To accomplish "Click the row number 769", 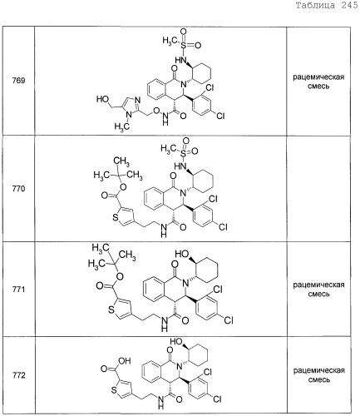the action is coord(18,81).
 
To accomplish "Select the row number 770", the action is coord(18,189).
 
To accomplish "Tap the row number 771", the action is coord(18,290).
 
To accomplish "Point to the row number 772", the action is coord(18,375).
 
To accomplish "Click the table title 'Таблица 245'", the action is coord(327,6).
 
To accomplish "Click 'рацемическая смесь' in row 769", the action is coord(318,82).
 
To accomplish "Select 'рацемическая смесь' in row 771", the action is coord(318,290).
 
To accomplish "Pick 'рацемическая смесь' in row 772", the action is coord(318,374).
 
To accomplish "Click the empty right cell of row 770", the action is coord(318,189).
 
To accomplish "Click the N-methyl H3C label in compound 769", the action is coord(122,127).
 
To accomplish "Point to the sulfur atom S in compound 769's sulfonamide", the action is coord(183,45).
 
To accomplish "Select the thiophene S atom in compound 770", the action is coord(116,217).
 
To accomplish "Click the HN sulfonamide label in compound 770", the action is coord(180,166).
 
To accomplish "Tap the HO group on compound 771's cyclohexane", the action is coord(181,254).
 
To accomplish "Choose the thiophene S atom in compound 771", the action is coord(111,310).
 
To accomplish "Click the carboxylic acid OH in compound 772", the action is coord(125,361).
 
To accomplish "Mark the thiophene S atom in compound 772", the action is coord(114,390).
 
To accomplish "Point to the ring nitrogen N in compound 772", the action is coord(179,366).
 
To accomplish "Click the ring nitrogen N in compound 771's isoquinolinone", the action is coord(185,283).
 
